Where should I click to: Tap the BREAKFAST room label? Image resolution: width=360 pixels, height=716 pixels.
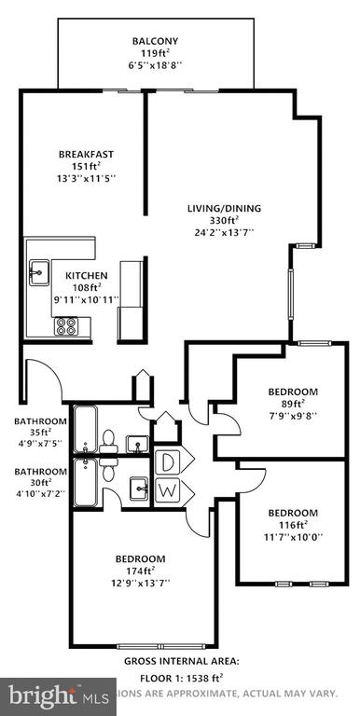click(86, 154)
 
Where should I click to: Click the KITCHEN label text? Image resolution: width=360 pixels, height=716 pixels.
click(87, 276)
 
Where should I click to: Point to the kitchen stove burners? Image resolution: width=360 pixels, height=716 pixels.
click(67, 326)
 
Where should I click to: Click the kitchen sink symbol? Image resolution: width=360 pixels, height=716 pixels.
click(39, 273)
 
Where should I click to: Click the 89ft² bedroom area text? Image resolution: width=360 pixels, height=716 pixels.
click(294, 404)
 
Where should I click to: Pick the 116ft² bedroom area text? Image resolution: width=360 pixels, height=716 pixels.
click(294, 525)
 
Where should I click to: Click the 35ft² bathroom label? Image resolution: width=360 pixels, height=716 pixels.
click(40, 433)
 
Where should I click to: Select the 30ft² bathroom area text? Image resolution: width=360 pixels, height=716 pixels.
click(40, 483)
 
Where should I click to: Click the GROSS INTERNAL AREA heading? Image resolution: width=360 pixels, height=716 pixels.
click(181, 660)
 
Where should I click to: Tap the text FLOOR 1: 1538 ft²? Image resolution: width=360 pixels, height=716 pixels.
click(181, 678)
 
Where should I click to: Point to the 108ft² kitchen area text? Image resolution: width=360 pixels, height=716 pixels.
click(87, 288)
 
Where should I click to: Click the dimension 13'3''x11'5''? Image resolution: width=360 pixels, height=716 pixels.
click(86, 177)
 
